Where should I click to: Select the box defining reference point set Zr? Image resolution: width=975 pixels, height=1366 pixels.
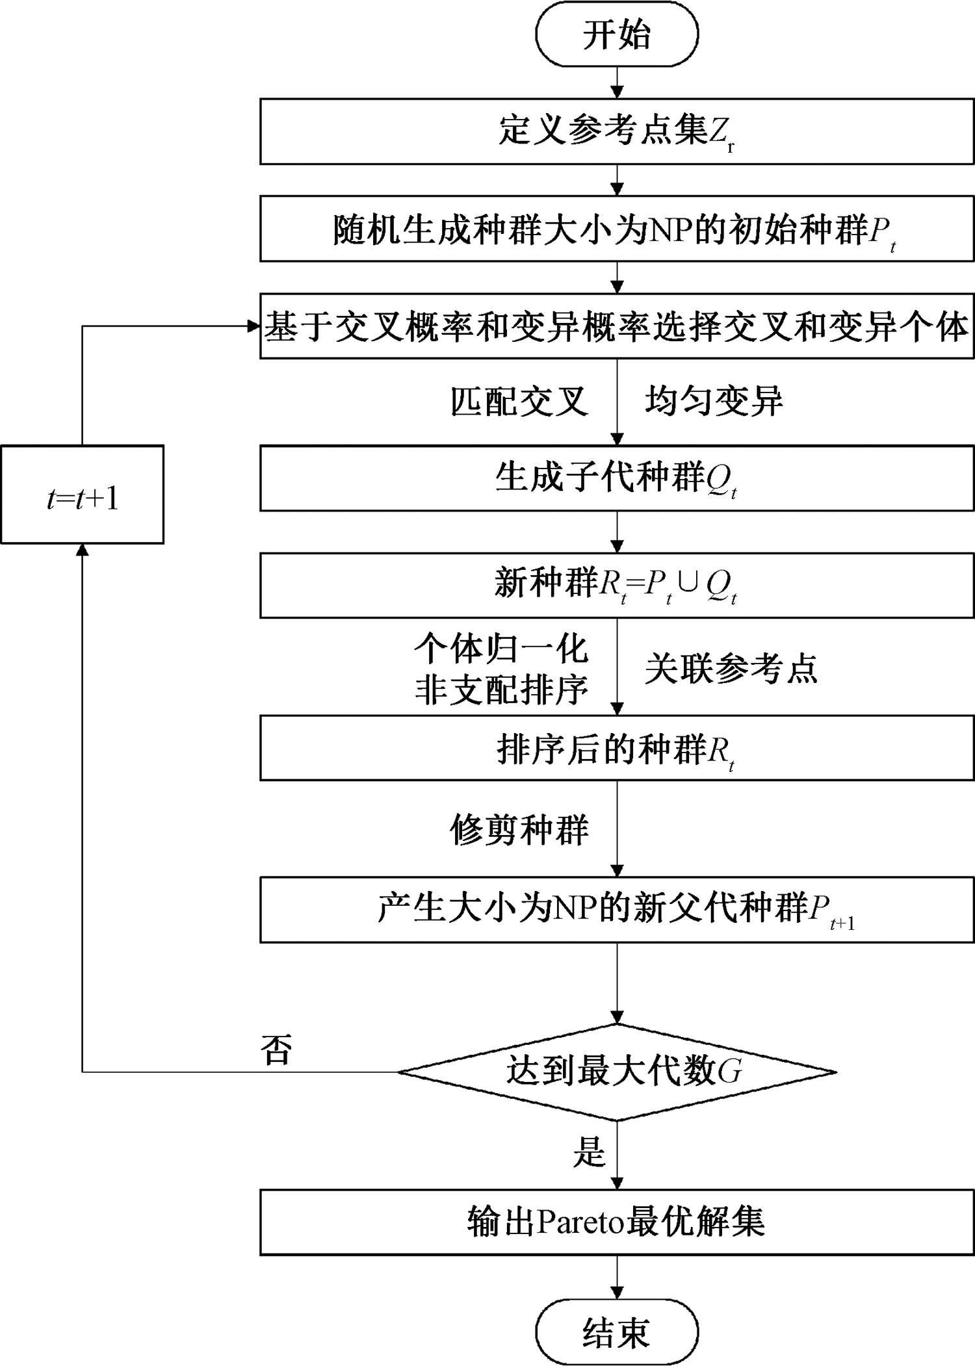pyautogui.click(x=616, y=131)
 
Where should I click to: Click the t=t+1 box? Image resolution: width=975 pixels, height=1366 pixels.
pyautogui.click(x=82, y=495)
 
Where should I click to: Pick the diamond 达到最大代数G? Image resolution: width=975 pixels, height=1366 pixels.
pyautogui.click(x=616, y=1072)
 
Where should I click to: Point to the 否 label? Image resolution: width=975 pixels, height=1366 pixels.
pyautogui.click(x=276, y=1048)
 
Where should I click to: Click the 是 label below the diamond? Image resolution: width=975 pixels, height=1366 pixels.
pyautogui.click(x=589, y=1151)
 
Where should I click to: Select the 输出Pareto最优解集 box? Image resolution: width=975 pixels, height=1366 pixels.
pyautogui.click(x=616, y=1222)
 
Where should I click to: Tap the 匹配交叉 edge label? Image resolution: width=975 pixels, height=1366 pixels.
pyautogui.click(x=519, y=401)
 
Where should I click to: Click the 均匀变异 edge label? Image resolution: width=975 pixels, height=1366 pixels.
pyautogui.click(x=714, y=401)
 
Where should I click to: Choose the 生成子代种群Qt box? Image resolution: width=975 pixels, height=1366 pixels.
pyautogui.click(x=616, y=478)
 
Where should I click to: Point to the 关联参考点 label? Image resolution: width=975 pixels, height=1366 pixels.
pyautogui.click(x=731, y=669)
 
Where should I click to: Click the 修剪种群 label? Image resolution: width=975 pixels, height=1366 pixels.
pyautogui.click(x=519, y=830)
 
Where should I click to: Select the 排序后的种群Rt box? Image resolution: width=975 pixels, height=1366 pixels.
pyautogui.click(x=616, y=748)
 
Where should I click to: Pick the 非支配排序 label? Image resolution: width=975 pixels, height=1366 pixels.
pyautogui.click(x=501, y=689)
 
